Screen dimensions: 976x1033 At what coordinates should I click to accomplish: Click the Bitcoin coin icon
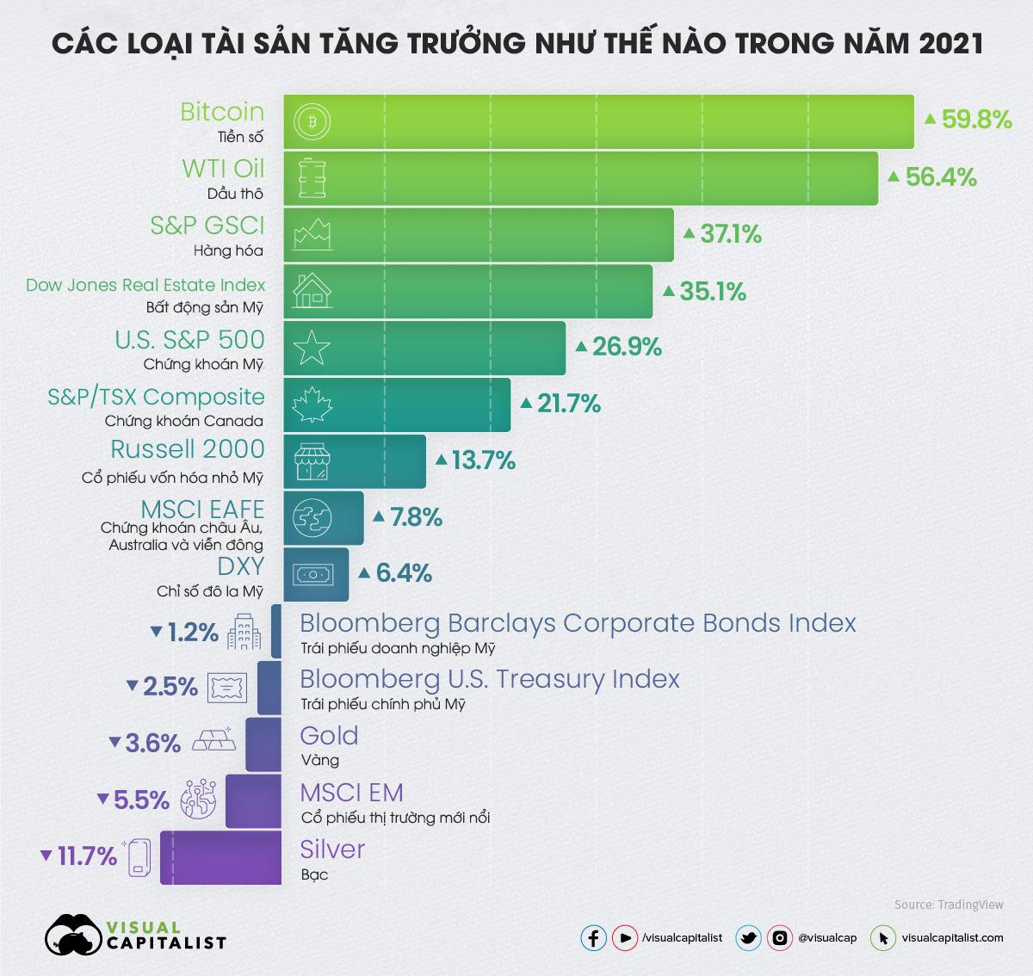click(312, 122)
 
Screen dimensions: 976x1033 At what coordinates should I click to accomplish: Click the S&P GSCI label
click(207, 225)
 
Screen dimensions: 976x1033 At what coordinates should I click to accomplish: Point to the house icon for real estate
click(312, 291)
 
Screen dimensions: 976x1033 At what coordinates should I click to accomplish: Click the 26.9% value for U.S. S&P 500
click(625, 347)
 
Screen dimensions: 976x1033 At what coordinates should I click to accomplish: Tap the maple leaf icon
click(312, 405)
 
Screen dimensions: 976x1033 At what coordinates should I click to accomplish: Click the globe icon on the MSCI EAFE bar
click(311, 518)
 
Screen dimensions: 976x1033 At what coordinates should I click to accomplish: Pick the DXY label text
click(240, 566)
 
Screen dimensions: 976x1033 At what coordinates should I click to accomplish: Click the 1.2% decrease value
click(192, 633)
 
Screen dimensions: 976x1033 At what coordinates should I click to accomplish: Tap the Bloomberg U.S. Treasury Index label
click(489, 679)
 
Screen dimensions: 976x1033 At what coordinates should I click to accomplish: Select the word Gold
click(329, 736)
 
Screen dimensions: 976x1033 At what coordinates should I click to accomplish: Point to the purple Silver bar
click(221, 857)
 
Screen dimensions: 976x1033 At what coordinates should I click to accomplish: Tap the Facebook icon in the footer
click(594, 938)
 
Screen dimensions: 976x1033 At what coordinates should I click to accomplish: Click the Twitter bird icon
click(748, 938)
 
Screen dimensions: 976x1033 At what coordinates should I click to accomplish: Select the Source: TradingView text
click(949, 905)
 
